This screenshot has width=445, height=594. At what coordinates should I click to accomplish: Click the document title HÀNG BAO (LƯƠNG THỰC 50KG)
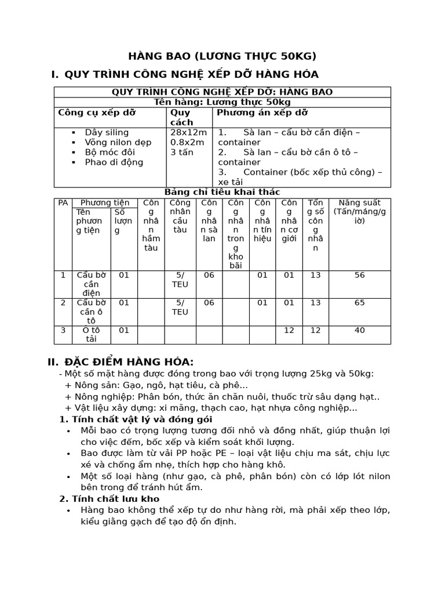pos(222,56)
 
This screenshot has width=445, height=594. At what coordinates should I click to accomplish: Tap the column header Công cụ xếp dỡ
pos(97,113)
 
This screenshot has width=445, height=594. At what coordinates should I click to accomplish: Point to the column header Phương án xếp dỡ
pos(262,113)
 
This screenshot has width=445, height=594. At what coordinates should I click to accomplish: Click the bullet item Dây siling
pos(107,132)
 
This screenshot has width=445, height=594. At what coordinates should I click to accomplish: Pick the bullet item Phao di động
pos(114,162)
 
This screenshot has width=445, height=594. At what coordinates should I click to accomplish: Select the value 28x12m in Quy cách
pos(188,132)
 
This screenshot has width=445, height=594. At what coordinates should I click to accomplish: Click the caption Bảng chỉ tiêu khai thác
pos(222,192)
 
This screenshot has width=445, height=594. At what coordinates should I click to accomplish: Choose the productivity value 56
pos(360,275)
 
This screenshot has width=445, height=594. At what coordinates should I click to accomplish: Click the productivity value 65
pos(360,302)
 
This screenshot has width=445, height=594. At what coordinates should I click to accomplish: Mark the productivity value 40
pos(360,330)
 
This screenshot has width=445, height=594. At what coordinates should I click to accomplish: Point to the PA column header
pos(63,202)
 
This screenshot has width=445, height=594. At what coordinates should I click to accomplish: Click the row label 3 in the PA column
pos(63,330)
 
